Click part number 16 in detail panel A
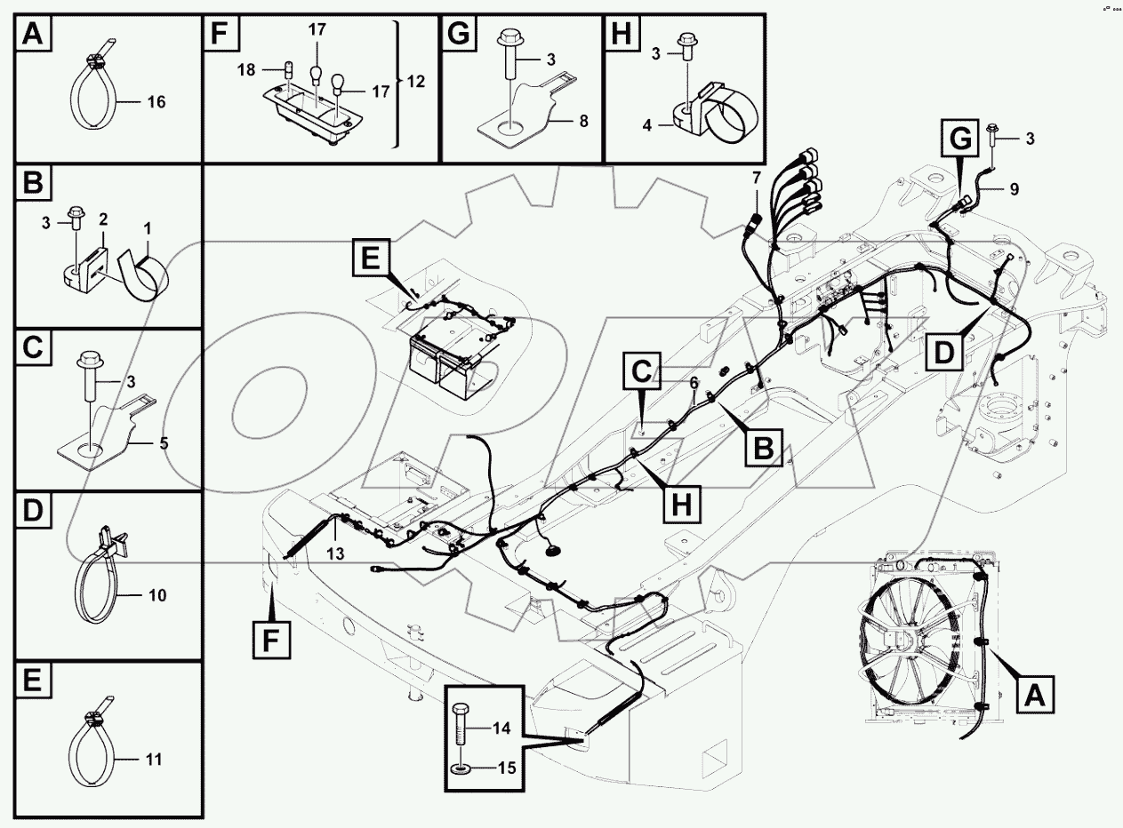[156, 102]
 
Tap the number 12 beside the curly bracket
[415, 82]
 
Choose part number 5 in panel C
[164, 442]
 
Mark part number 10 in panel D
[156, 594]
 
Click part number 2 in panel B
[103, 218]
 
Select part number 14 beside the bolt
[501, 728]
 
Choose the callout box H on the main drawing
[680, 503]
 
